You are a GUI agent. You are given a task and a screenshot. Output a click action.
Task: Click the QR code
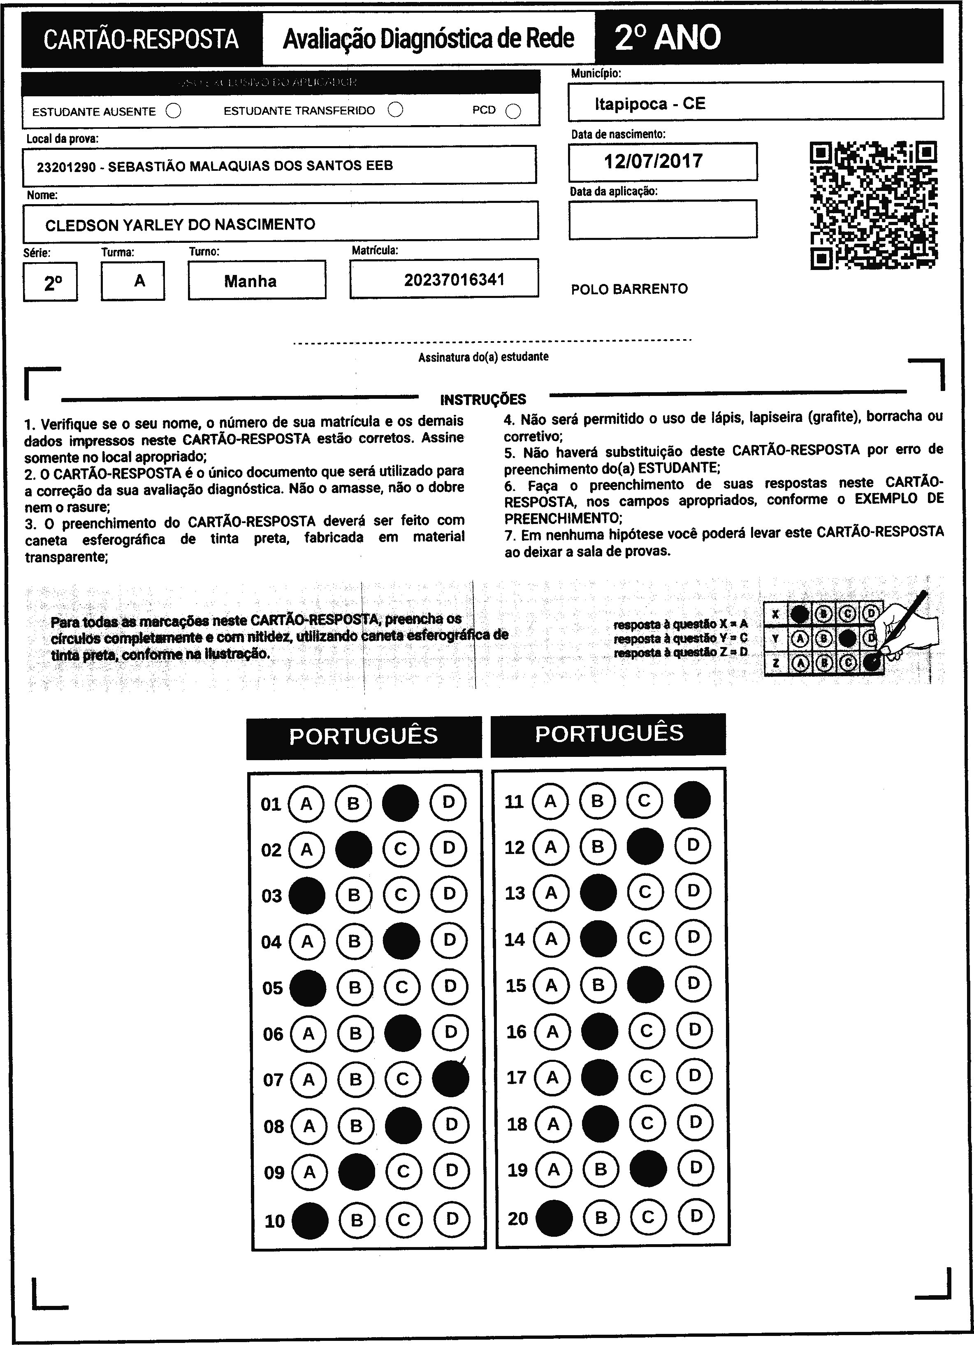tap(873, 205)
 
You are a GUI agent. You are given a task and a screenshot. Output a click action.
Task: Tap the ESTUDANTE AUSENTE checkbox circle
tap(173, 111)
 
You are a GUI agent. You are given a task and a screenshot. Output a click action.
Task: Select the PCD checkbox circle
tap(513, 111)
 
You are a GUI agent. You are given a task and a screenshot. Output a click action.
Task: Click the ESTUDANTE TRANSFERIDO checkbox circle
tap(395, 110)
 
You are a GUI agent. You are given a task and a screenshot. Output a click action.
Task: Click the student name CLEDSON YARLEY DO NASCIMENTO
tap(180, 225)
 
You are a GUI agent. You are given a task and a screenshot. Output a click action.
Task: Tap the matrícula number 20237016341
tap(454, 280)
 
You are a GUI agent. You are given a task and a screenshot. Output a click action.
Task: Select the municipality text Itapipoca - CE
tap(650, 104)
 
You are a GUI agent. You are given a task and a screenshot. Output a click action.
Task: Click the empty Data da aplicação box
tap(662, 219)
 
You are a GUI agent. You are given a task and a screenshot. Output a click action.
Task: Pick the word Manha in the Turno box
tap(250, 281)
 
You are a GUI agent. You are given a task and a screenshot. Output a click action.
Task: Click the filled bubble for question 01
tap(400, 803)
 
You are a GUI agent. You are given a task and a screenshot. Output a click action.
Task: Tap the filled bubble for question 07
tap(450, 1079)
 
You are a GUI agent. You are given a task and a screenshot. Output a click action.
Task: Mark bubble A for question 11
tap(550, 801)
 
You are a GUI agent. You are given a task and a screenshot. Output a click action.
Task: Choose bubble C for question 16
tap(646, 1031)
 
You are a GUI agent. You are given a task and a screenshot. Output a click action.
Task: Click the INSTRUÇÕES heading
tap(483, 399)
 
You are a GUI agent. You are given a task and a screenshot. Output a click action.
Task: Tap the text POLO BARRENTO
tap(629, 289)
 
